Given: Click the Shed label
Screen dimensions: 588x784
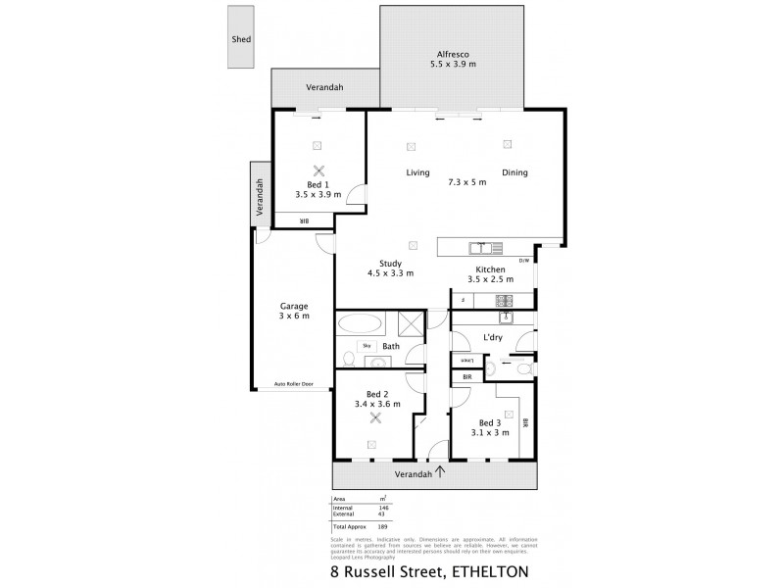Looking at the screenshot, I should (241, 39).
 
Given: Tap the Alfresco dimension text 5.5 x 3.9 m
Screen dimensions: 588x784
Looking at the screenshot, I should (452, 65).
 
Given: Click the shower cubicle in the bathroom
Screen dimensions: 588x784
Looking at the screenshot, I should (412, 324).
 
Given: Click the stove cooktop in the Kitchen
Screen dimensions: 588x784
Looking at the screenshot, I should (505, 300).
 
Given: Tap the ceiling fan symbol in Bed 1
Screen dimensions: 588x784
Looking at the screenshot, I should (318, 170).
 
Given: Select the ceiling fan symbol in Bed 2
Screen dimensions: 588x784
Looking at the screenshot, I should (373, 418).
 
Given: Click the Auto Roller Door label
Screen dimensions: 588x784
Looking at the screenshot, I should (294, 384).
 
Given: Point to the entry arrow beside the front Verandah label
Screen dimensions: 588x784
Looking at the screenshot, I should (440, 472).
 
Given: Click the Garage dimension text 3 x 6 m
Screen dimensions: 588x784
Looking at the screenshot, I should (293, 317).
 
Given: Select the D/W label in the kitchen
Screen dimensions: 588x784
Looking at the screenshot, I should (523, 260).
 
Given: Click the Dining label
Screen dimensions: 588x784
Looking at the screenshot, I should (514, 172).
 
